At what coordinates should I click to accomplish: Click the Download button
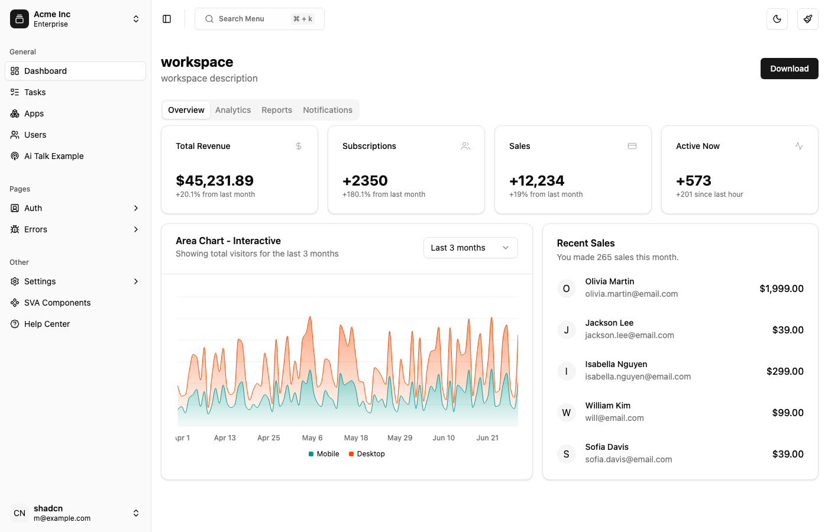[x=789, y=69]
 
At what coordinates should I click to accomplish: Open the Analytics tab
[x=233, y=110]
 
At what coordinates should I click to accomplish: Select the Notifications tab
[x=327, y=110]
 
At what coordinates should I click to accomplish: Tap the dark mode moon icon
[x=777, y=19]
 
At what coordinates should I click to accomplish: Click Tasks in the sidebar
[x=35, y=92]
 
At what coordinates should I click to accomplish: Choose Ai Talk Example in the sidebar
[x=54, y=156]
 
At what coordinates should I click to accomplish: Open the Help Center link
[x=47, y=324]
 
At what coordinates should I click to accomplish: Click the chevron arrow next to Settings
[x=136, y=281]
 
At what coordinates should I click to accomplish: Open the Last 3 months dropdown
[x=470, y=248]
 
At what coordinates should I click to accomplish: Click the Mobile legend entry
[x=324, y=454]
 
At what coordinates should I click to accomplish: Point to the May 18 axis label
[x=356, y=438]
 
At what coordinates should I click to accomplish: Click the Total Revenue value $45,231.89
[x=215, y=180]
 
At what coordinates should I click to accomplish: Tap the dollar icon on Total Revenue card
[x=299, y=146]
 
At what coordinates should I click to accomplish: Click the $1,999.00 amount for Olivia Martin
[x=781, y=288]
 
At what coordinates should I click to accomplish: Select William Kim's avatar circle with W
[x=566, y=413]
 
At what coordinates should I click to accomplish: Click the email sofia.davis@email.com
[x=628, y=459]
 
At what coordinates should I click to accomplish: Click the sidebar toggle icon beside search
[x=167, y=19]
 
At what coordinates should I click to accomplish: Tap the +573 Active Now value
[x=693, y=180]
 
